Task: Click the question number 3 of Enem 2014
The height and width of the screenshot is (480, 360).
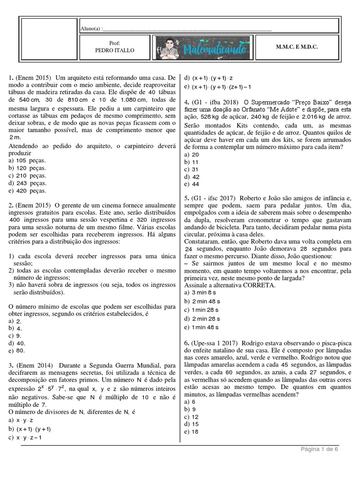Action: click(x=10, y=365)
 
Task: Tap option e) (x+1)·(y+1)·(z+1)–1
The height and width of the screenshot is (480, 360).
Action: click(x=218, y=87)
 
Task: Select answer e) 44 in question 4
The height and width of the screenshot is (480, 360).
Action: click(x=193, y=184)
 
